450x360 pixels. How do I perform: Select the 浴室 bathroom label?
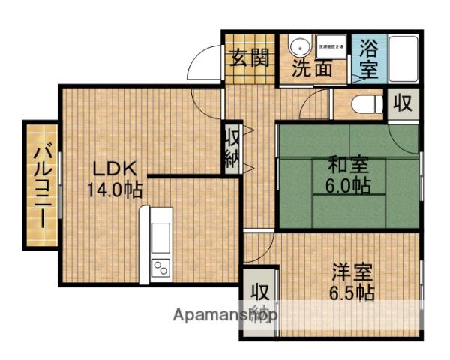tap(367, 60)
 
